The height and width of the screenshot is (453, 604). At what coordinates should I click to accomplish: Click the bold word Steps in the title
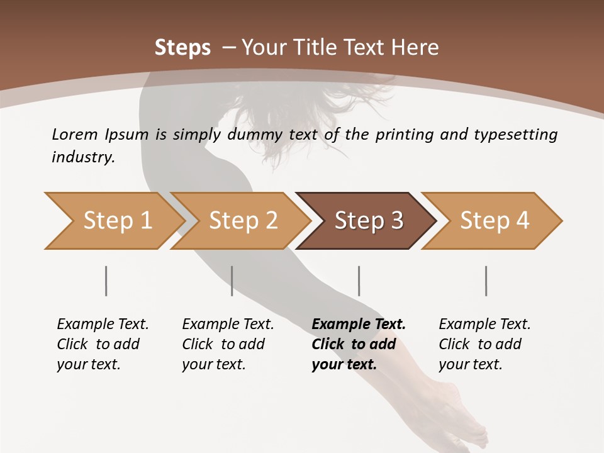[182, 48]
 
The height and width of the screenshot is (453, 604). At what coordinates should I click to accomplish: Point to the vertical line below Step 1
[106, 281]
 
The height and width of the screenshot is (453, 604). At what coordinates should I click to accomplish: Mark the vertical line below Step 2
[232, 281]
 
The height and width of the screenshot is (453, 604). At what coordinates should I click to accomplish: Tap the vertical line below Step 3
[359, 281]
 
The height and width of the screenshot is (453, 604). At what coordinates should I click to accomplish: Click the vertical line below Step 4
[486, 281]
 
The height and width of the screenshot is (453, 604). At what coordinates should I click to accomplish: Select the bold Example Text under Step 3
[359, 344]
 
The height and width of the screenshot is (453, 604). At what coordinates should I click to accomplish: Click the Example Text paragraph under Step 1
[103, 344]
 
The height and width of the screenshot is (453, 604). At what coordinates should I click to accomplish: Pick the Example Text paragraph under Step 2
[228, 344]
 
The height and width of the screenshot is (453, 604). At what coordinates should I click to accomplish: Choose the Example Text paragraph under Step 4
[484, 344]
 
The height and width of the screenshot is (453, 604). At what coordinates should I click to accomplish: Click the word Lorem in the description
[74, 135]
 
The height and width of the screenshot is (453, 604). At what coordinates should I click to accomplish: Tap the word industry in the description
[83, 157]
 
